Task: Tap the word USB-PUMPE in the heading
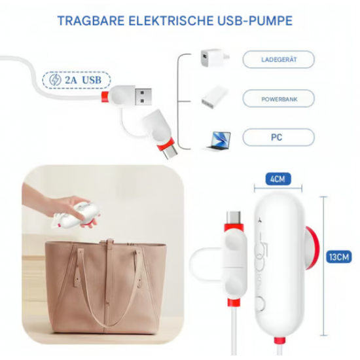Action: coord(259,20)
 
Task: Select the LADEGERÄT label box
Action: coord(278,60)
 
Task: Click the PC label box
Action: coord(278,138)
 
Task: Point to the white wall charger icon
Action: coord(214,59)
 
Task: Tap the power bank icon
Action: coord(214,99)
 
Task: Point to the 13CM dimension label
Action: coord(340,258)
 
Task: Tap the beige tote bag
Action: coord(105,281)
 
